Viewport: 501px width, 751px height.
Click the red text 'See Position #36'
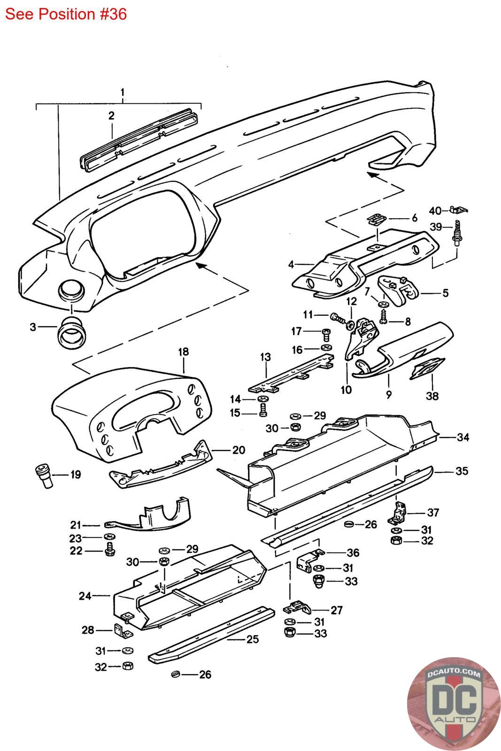pos(66,15)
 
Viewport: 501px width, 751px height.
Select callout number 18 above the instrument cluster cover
pos(183,352)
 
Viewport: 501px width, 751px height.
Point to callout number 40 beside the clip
pos(435,210)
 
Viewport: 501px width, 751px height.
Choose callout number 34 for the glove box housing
pos(463,437)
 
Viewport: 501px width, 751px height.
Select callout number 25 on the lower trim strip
pos(252,639)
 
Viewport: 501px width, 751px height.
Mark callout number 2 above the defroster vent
pos(111,115)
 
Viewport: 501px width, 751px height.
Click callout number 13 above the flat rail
pos(265,357)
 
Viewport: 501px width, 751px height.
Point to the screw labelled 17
pos(327,333)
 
